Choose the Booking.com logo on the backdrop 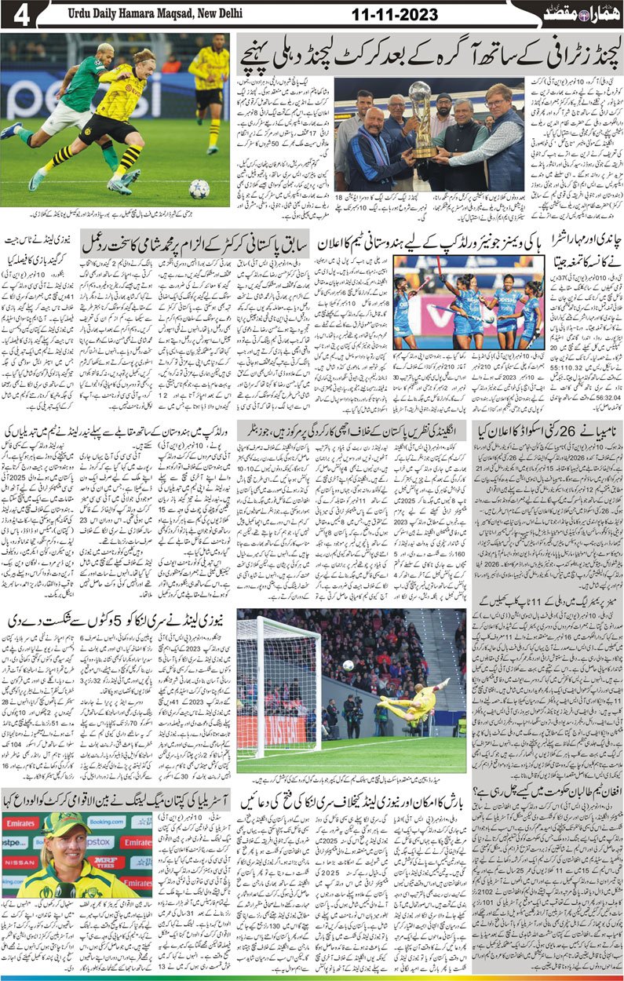pos(106,822)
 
